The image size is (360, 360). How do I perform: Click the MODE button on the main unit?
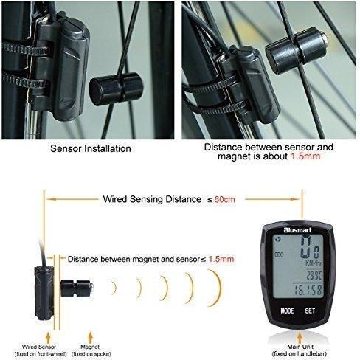click(x=287, y=311)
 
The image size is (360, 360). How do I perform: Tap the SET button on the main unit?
click(x=310, y=311)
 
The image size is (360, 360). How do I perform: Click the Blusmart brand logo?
click(x=297, y=230)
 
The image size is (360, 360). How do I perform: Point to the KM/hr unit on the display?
click(x=314, y=263)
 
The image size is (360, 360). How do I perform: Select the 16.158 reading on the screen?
click(x=308, y=290)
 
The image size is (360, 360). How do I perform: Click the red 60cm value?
click(x=224, y=199)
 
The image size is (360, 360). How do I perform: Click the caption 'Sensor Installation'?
click(x=91, y=148)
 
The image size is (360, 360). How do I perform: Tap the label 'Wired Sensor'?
click(x=39, y=347)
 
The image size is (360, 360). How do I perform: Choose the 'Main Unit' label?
click(x=300, y=347)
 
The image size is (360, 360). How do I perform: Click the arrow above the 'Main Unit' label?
click(x=300, y=337)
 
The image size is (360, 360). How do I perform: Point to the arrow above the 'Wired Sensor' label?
click(x=48, y=338)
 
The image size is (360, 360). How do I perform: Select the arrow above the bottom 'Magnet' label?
click(x=91, y=337)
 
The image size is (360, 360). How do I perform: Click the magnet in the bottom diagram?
click(x=77, y=288)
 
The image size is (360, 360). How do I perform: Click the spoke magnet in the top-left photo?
click(x=116, y=89)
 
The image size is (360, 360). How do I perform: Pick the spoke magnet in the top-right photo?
click(x=297, y=51)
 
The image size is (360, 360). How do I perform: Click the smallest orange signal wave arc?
click(x=114, y=288)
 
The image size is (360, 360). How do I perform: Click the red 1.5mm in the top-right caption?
click(x=305, y=156)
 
